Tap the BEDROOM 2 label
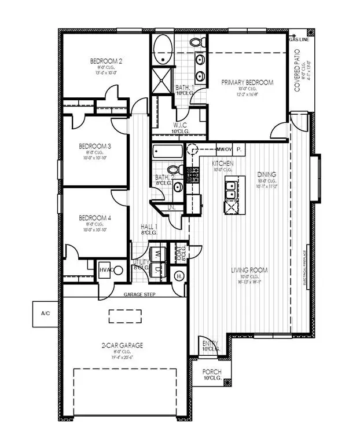click(105, 61)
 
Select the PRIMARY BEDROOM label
click(248, 83)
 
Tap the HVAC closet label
click(105, 269)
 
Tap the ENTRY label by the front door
click(210, 344)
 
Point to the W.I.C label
click(179, 125)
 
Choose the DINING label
click(267, 174)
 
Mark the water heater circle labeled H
click(179, 276)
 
